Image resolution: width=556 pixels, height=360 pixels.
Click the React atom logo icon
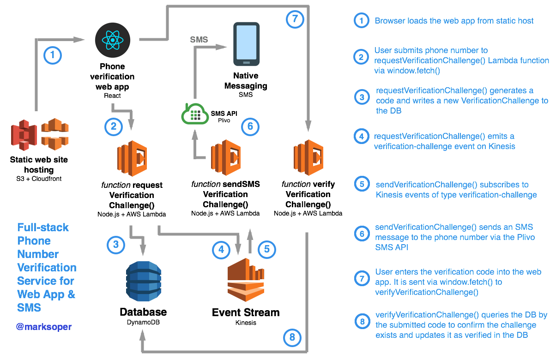112,40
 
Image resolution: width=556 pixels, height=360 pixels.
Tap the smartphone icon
247,44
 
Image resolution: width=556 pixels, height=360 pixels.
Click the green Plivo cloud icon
195,114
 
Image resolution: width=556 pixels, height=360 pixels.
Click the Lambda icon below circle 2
132,158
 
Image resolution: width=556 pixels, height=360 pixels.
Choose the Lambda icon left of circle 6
226,158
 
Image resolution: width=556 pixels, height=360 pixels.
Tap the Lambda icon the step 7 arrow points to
308,157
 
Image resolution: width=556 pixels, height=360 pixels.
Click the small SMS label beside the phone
199,40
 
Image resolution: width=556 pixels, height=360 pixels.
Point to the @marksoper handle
44,327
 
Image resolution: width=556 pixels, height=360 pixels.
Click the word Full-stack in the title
43,228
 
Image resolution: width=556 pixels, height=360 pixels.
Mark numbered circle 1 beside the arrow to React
52,56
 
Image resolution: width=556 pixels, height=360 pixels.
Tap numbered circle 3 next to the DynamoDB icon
116,245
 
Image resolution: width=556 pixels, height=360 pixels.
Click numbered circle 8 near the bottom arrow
292,337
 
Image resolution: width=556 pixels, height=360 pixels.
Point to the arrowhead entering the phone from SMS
223,47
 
